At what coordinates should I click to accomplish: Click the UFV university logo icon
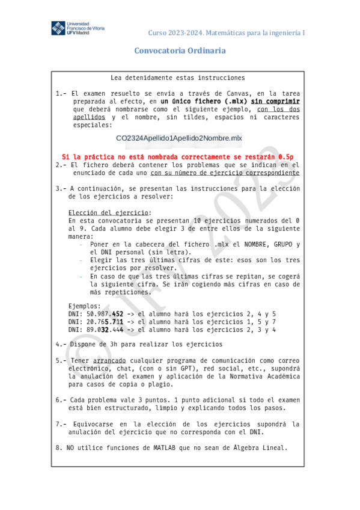point(58,28)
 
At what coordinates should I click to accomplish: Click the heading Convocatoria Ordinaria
point(180,51)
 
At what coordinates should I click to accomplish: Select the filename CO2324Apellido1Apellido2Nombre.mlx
point(179,138)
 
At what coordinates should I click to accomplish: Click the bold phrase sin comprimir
point(275,101)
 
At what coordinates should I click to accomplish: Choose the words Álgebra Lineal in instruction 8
point(263,447)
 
